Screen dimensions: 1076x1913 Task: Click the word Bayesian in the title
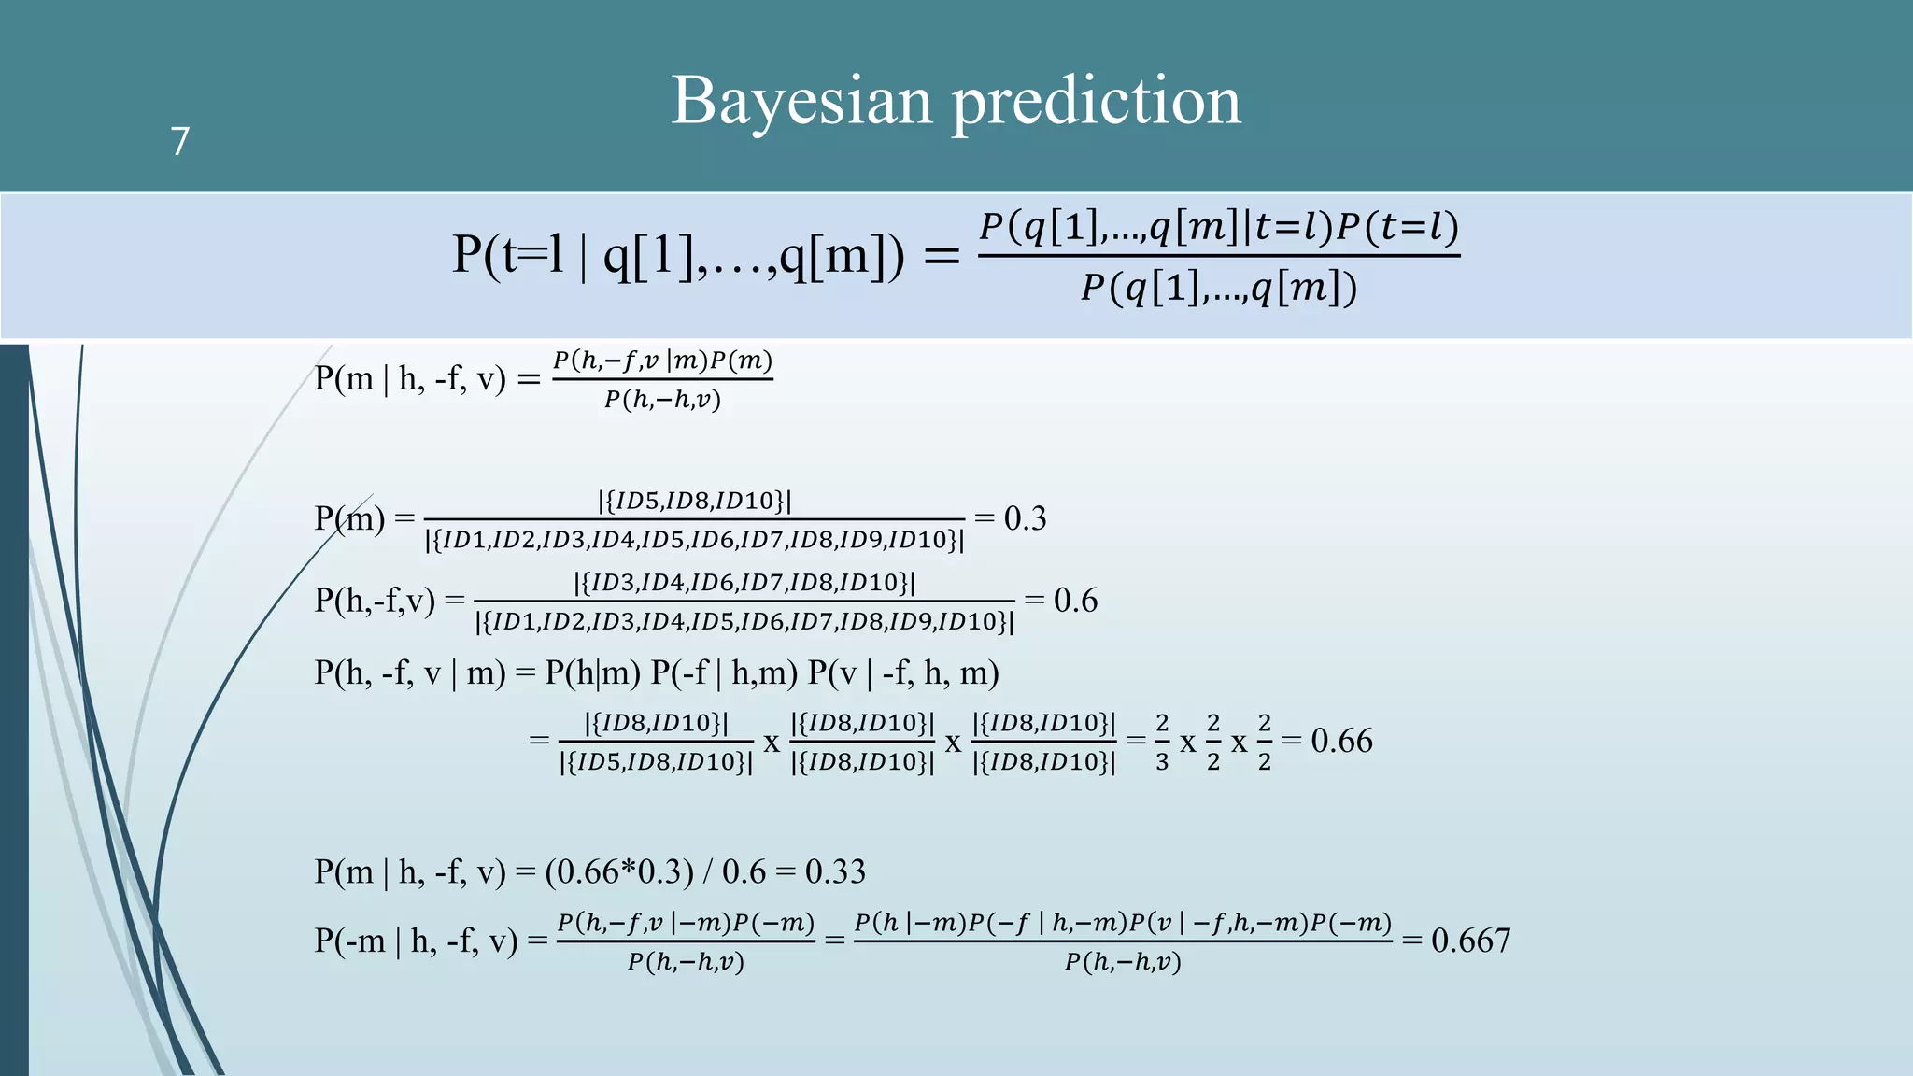[x=801, y=101]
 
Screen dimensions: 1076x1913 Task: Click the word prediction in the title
[x=1097, y=101]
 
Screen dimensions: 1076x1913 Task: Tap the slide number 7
[x=180, y=141]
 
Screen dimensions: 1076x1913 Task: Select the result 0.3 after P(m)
[x=1025, y=518]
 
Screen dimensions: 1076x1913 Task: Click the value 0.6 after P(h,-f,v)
[x=1075, y=600]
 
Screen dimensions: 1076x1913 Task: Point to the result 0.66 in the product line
[x=1341, y=741]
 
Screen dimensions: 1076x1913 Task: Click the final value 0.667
[x=1470, y=940]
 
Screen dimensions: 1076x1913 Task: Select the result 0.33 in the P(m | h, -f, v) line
[x=835, y=871]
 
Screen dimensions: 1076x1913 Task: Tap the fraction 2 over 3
[x=1162, y=743]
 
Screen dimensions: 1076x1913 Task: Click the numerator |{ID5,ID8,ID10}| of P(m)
[x=694, y=501]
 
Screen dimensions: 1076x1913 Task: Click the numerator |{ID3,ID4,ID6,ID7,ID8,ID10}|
[x=744, y=583]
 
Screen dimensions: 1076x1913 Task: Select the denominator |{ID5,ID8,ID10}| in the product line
[x=656, y=762]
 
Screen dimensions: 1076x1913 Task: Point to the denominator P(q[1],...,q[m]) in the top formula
[x=1219, y=288]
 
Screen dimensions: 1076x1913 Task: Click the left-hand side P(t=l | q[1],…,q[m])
[x=678, y=254]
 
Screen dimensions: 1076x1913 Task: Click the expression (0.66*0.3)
[x=619, y=871]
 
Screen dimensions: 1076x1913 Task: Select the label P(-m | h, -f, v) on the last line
[x=416, y=940]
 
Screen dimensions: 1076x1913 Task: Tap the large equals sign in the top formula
[x=941, y=255]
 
